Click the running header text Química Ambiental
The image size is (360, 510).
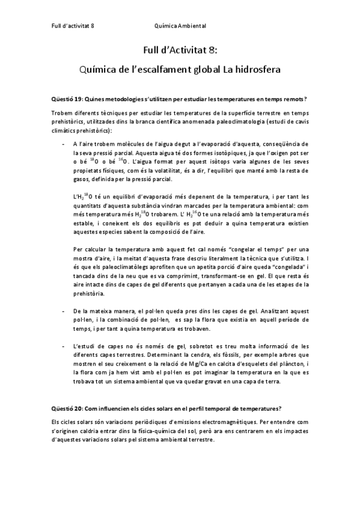[180, 26]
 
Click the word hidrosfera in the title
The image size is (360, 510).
[258, 69]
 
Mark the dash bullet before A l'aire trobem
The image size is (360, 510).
[64, 145]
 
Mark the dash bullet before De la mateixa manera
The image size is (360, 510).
[64, 311]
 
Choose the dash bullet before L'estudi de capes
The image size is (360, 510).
[64, 346]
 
